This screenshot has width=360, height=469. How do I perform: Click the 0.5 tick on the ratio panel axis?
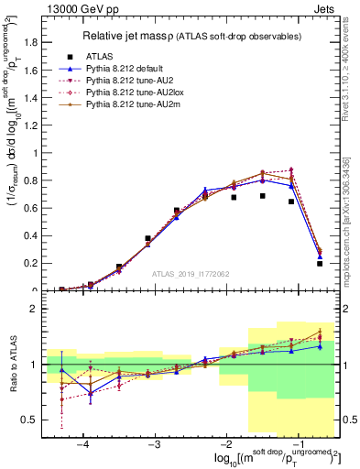[x=38, y=420]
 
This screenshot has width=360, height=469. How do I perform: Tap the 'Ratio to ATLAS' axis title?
[x=12, y=366]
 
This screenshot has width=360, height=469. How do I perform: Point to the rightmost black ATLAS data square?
[x=320, y=264]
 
